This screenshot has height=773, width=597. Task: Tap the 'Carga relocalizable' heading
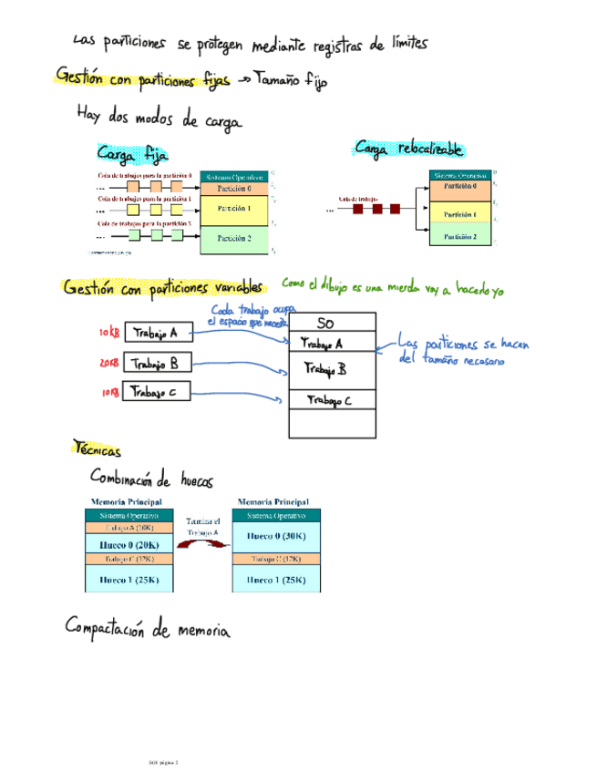(x=409, y=149)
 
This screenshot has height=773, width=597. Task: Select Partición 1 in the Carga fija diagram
(x=235, y=208)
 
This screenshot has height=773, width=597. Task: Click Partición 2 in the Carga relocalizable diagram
(x=460, y=236)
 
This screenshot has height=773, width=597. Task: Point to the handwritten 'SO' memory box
(x=332, y=323)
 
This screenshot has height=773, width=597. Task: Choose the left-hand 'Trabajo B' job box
(x=158, y=365)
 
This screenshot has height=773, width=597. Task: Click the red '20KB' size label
(x=108, y=364)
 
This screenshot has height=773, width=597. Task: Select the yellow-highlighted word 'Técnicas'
(x=97, y=448)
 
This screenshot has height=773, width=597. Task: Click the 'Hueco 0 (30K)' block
(x=277, y=537)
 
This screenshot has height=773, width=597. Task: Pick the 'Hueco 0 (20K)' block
(x=126, y=543)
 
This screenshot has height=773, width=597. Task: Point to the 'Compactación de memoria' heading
(x=147, y=628)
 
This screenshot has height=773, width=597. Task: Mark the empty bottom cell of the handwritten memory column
(x=332, y=424)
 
